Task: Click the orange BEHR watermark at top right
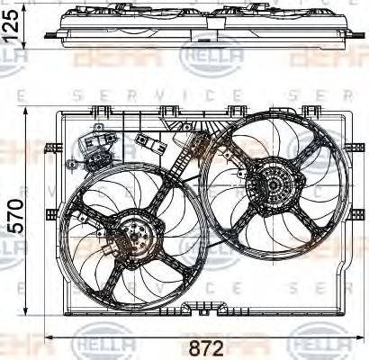(x=328, y=58)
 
